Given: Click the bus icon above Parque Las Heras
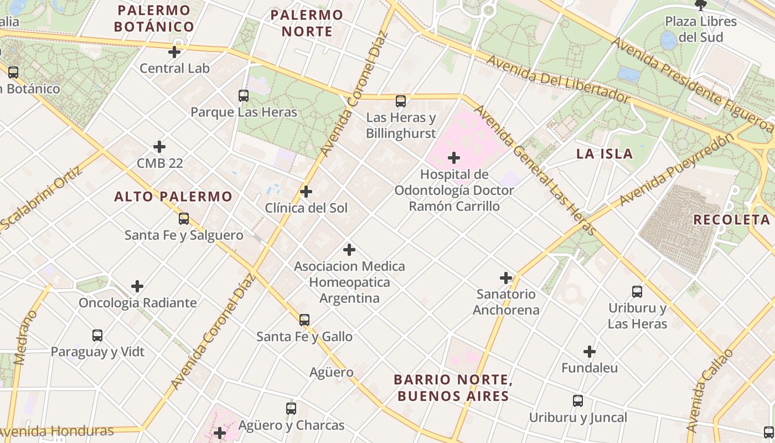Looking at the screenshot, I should pos(244,96).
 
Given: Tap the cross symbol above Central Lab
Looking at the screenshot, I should pos(174,52).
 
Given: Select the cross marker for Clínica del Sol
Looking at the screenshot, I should pos(306,192).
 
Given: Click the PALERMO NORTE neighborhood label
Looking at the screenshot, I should pos(307,23).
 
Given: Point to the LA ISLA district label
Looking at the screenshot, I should pos(604,154).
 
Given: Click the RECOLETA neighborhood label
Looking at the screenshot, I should pos(731,219).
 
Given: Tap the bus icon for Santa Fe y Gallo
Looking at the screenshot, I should pos(304,320).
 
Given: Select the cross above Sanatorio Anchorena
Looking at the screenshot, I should pos(506,278).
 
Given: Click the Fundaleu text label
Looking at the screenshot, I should pos(590,368).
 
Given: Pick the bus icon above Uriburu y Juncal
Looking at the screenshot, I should pos(578,401).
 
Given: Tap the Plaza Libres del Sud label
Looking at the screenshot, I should pos(701,29).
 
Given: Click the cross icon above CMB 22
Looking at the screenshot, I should pos(159,147).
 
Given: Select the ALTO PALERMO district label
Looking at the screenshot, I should pos(173,197).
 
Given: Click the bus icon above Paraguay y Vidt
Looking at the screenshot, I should pos(97,336).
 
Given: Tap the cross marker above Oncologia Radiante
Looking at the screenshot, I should pos(137,286).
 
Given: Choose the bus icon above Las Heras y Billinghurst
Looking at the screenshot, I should pos(401,101).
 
